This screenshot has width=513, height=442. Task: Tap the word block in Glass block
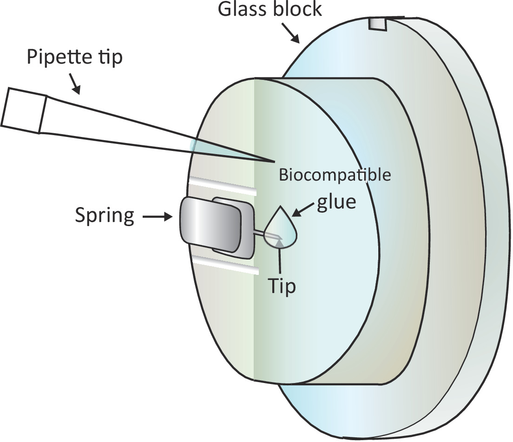click(299, 9)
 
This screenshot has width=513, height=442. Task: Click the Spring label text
click(104, 216)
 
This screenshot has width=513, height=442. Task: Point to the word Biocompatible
click(335, 176)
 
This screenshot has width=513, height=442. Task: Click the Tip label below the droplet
click(281, 286)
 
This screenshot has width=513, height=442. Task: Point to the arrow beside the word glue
click(302, 209)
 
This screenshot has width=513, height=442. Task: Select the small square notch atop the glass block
click(377, 25)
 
